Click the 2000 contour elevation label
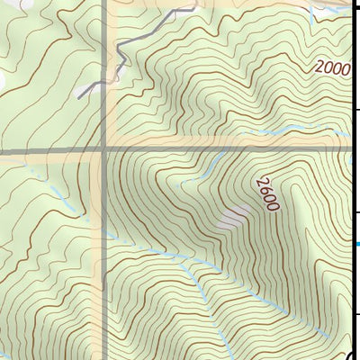(x=331, y=67)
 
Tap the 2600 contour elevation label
(x=265, y=193)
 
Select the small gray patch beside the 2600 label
(x=235, y=216)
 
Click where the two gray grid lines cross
(x=105, y=150)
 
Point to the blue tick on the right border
(x=357, y=243)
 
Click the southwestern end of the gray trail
(x=79, y=95)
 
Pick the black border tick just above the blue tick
(x=356, y=212)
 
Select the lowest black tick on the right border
(x=356, y=314)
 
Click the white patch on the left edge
(x=2, y=81)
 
